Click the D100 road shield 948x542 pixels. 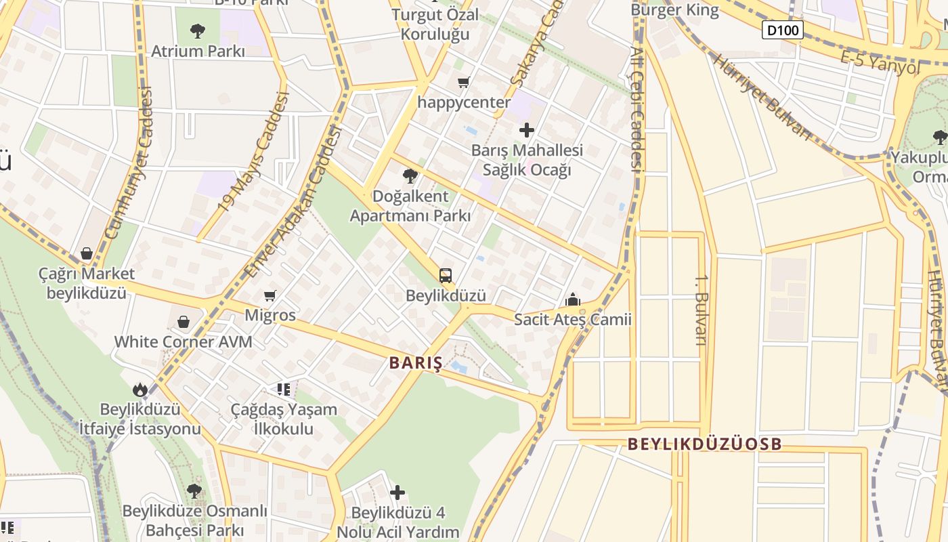click(783, 30)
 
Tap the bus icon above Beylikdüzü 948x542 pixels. click(445, 276)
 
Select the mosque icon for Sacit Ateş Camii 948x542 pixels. click(573, 299)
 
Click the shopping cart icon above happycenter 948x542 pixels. click(463, 83)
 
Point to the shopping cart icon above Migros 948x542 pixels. click(270, 295)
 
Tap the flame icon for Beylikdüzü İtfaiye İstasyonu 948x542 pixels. click(140, 390)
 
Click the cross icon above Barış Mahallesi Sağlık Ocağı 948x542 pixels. click(526, 130)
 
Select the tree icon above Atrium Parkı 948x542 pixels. click(197, 30)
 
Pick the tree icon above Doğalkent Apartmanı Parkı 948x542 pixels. click(410, 177)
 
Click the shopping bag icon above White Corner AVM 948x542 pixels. click(183, 322)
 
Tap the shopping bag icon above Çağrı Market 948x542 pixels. click(87, 254)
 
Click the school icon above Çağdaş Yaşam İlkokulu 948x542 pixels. click(283, 390)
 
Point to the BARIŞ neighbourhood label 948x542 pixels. click(416, 363)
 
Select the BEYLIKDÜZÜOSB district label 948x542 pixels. click(704, 444)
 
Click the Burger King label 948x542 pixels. click(674, 10)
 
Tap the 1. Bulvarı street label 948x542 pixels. click(701, 309)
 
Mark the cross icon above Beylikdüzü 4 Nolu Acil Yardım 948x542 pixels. click(397, 493)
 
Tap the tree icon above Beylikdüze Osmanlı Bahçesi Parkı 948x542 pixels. click(194, 491)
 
